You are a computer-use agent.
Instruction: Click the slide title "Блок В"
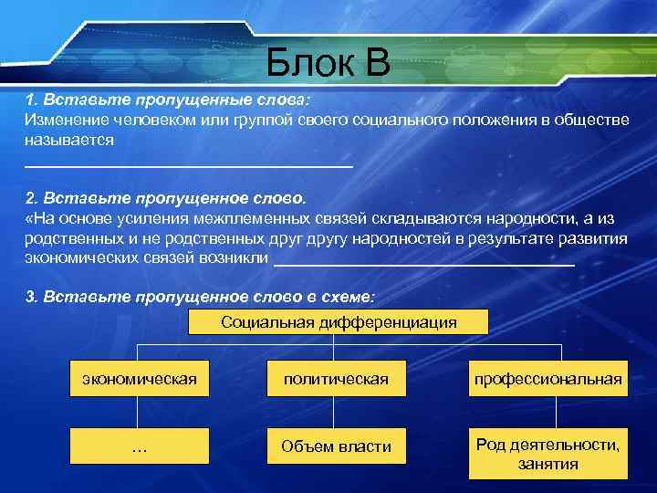(328, 63)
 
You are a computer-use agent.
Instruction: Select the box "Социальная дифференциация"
(339, 321)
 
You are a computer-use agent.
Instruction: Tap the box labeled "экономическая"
(139, 378)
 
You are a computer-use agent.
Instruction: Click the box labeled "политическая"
(336, 378)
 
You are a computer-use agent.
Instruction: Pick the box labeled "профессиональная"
(547, 378)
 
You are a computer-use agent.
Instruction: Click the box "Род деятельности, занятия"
(547, 454)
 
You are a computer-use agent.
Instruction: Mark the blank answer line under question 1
(187, 165)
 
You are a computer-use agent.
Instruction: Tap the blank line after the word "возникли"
(424, 262)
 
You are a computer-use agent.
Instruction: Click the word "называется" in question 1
(69, 141)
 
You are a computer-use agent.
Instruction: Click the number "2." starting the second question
(31, 197)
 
